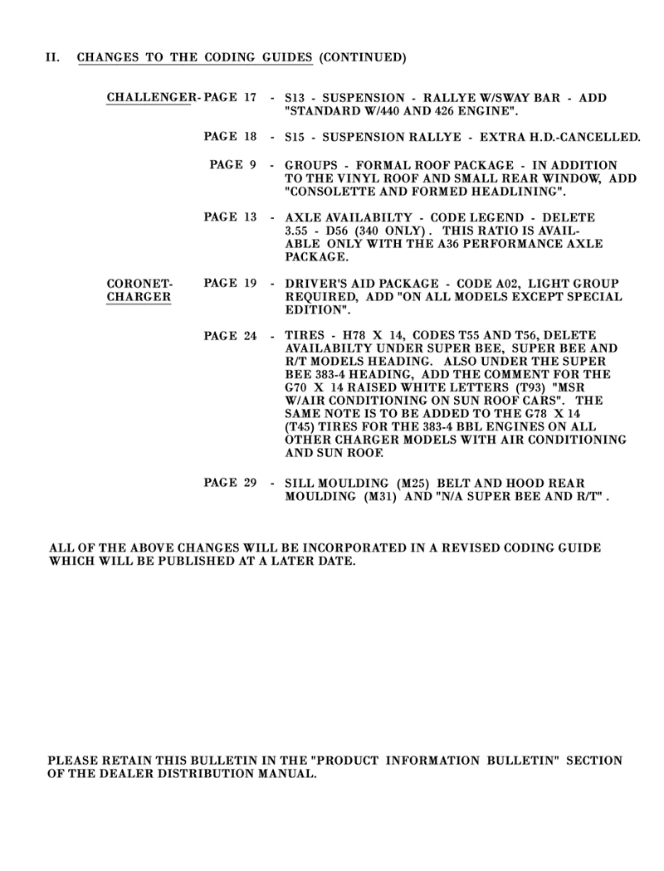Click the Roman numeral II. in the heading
click(54, 58)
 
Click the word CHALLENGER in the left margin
click(149, 98)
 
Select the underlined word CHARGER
click(139, 297)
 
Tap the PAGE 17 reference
click(230, 98)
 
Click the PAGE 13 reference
click(230, 217)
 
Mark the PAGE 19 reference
click(230, 284)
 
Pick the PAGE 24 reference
click(230, 336)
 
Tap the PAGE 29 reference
click(230, 483)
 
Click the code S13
click(295, 98)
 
